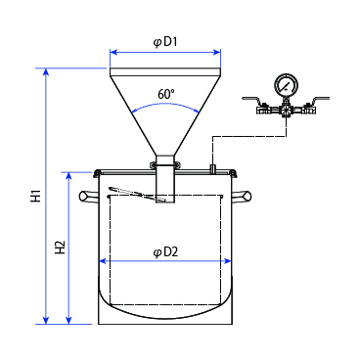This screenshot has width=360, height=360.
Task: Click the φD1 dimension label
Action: tap(165, 43)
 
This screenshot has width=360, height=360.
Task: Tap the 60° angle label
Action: tap(166, 94)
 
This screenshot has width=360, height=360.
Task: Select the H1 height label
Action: tap(36, 196)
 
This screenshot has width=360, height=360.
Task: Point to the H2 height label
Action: tap(61, 247)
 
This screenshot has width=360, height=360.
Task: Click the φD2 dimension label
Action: tap(165, 252)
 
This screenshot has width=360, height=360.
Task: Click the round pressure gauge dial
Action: tap(287, 84)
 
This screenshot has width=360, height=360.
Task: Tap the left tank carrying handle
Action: tap(88, 197)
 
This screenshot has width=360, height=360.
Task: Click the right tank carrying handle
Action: tap(242, 197)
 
